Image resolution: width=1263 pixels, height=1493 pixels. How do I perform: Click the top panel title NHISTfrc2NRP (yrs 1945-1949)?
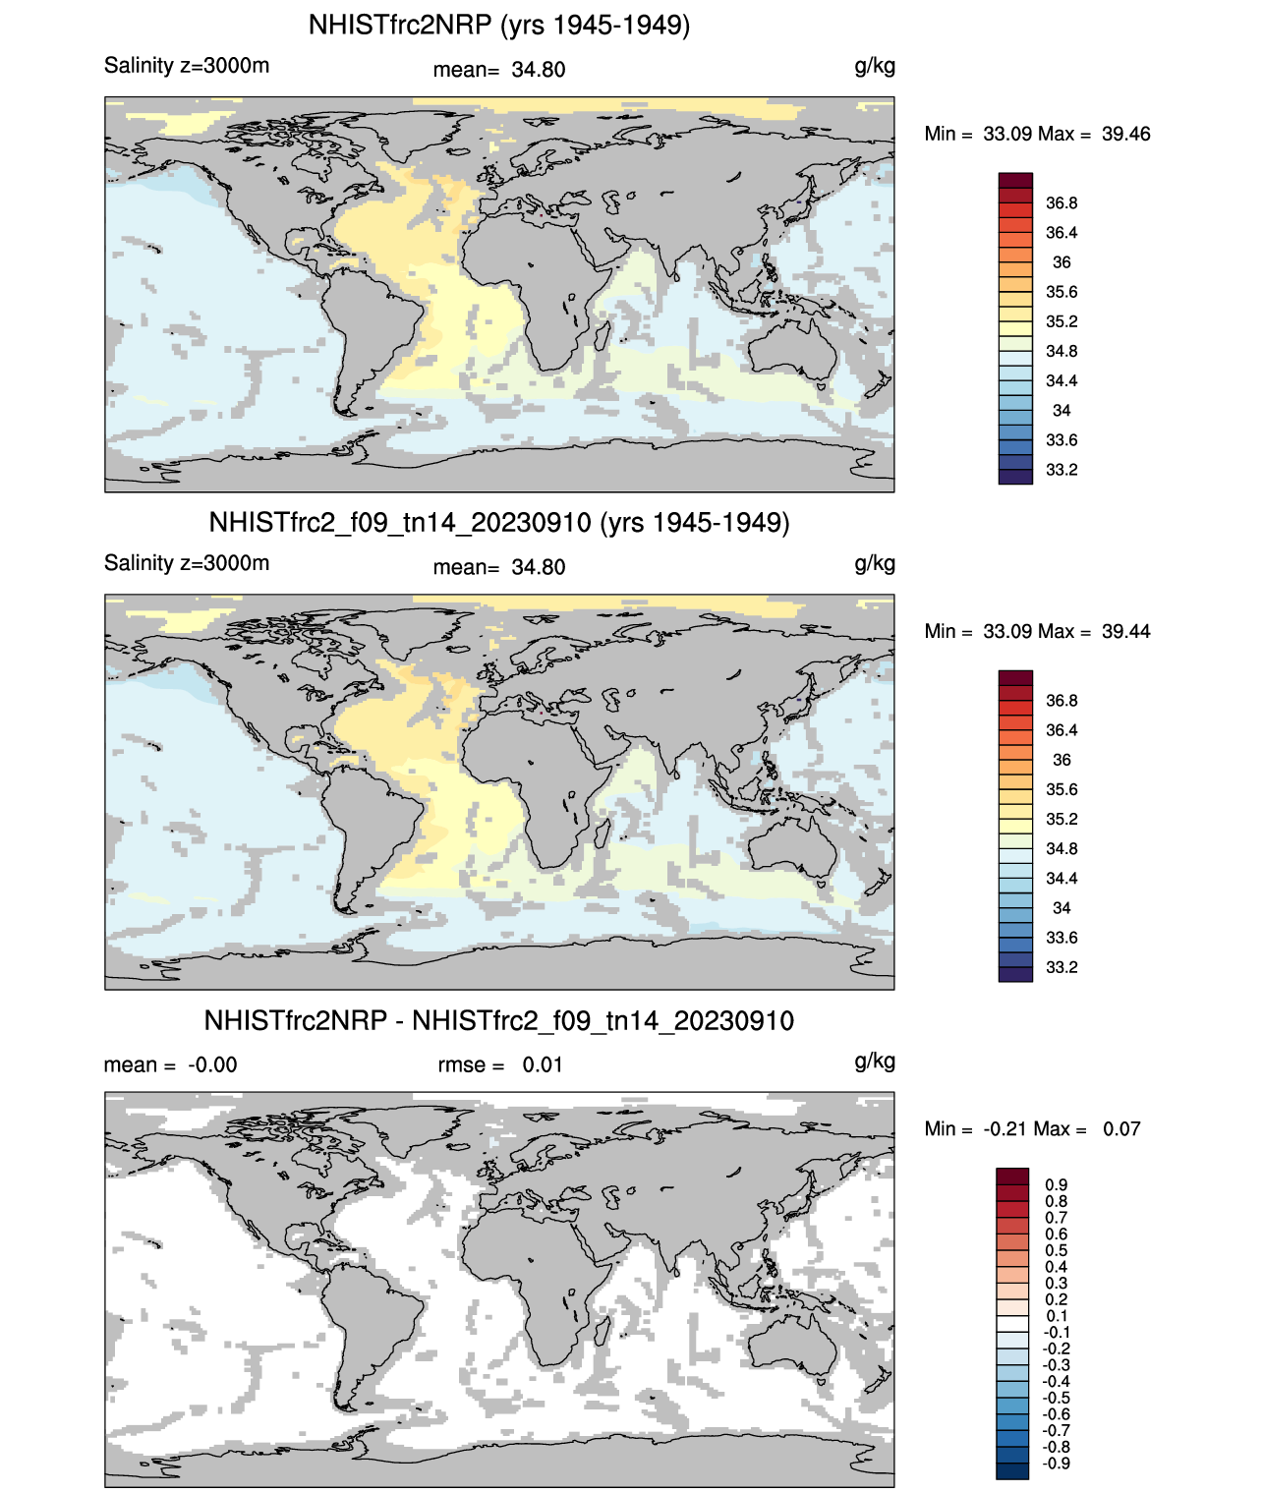click(x=499, y=25)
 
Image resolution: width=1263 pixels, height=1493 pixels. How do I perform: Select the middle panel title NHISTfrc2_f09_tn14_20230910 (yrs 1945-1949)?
click(x=499, y=522)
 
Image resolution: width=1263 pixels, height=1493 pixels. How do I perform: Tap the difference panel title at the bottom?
click(x=499, y=1020)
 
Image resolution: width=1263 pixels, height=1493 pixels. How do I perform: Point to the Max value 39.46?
click(x=1125, y=134)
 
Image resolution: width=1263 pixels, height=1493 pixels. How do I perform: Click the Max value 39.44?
click(x=1125, y=631)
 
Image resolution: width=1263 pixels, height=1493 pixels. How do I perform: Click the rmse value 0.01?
click(x=543, y=1064)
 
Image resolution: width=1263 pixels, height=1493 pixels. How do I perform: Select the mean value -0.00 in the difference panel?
click(x=212, y=1064)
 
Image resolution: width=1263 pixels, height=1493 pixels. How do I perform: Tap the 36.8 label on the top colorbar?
click(x=1062, y=203)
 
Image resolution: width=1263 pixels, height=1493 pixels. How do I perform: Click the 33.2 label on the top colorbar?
click(x=1062, y=470)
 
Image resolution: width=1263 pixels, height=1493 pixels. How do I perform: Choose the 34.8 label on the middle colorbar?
click(x=1062, y=848)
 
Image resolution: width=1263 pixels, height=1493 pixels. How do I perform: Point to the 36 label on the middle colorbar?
click(x=1062, y=760)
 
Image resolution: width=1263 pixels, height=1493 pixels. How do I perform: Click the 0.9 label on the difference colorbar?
click(x=1057, y=1184)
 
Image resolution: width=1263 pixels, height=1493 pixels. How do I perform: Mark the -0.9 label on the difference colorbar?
click(x=1057, y=1463)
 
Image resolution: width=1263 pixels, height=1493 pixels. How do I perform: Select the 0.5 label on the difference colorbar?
click(x=1057, y=1250)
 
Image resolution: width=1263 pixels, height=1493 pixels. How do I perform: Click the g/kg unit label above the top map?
click(x=875, y=66)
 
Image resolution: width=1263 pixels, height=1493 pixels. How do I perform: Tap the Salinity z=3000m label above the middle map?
click(x=187, y=563)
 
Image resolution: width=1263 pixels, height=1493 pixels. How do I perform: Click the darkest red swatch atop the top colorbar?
click(x=1015, y=180)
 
